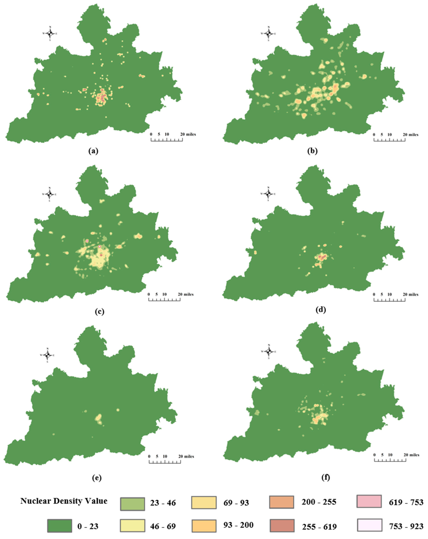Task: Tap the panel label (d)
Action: point(321,310)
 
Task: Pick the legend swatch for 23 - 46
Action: point(132,504)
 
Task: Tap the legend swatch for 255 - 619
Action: point(282,526)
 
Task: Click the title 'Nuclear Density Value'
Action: point(64,501)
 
